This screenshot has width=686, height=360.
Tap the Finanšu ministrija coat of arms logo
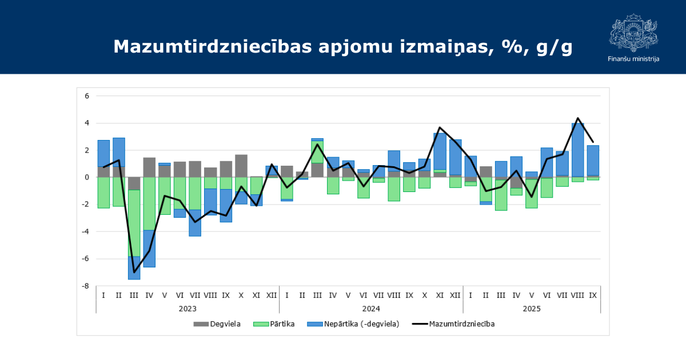point(633,33)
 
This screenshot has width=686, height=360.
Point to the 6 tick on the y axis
point(87,96)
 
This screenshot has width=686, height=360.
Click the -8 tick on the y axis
point(86,286)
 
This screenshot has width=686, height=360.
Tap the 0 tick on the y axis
point(87,177)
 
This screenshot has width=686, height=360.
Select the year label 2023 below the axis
point(188,309)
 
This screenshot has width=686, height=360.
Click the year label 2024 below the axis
point(371,309)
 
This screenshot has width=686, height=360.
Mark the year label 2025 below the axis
point(532,309)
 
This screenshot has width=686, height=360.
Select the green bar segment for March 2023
point(134,223)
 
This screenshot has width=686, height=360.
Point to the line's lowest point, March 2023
point(134,272)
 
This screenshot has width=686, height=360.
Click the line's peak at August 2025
point(578,118)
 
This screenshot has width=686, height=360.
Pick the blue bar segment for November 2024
point(440,151)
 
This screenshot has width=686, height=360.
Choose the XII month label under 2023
point(272,295)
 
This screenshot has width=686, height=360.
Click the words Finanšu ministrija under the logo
point(633,59)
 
